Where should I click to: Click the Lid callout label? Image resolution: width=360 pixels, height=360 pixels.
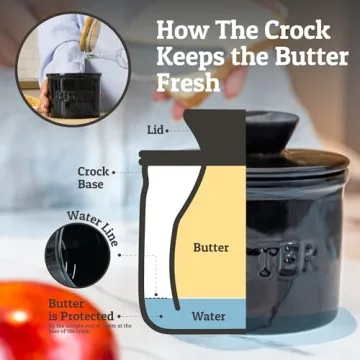[x=153, y=129]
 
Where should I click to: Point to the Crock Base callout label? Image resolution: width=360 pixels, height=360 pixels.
[x=94, y=179]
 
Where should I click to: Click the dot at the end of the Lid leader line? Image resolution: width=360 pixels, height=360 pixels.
[x=175, y=130]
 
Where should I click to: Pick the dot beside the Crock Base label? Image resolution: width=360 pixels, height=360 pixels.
[x=116, y=172]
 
